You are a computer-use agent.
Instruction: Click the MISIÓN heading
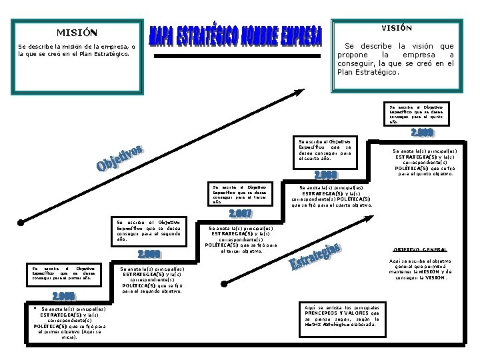[x=76, y=33]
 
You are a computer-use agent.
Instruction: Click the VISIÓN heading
[x=396, y=28]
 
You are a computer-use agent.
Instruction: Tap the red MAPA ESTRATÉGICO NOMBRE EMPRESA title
[x=235, y=36]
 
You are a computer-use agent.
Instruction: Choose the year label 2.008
[x=325, y=175]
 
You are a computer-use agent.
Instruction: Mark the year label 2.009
[x=422, y=132]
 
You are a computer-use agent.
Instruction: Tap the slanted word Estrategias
[x=315, y=257]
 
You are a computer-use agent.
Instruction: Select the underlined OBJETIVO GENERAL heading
[x=419, y=249]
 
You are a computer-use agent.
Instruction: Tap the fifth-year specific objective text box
[x=419, y=114]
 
